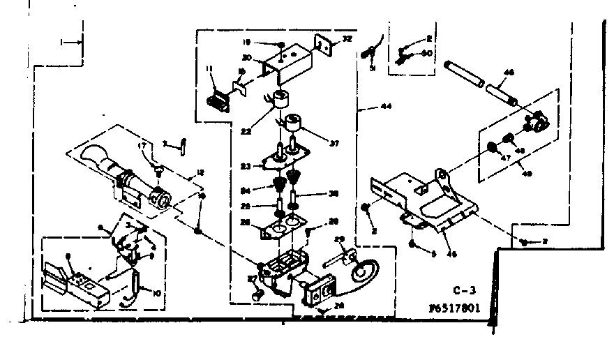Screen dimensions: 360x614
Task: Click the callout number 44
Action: coord(384,108)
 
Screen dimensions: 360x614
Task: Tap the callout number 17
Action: coord(142,146)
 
